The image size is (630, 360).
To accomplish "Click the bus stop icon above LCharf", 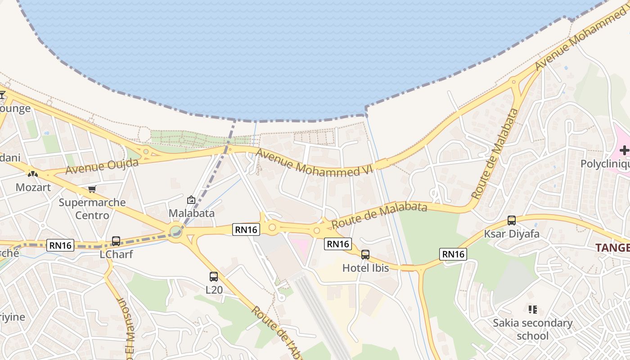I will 116,241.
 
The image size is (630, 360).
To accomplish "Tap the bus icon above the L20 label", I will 214,277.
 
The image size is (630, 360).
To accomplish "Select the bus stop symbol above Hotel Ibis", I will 365,255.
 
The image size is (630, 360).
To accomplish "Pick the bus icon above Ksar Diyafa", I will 512,220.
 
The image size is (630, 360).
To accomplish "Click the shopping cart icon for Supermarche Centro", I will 92,189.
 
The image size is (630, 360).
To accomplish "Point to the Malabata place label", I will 191,213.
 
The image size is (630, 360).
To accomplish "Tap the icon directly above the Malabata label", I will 191,200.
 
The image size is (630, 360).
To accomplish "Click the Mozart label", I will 33,187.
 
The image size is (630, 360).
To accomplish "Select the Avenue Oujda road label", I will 102,166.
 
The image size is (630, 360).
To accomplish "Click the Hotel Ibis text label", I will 365,268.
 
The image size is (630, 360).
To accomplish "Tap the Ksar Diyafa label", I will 512,234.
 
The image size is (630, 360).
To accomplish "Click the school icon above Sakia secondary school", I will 533,310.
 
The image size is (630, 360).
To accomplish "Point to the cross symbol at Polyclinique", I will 624,150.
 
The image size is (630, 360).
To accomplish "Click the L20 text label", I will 214,290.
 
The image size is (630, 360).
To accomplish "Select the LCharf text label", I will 116,254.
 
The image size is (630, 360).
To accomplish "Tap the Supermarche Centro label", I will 92,209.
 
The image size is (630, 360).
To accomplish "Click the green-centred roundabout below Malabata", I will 176,232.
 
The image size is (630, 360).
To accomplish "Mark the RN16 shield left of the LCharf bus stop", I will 61,245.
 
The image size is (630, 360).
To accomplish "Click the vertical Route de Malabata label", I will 495,154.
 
